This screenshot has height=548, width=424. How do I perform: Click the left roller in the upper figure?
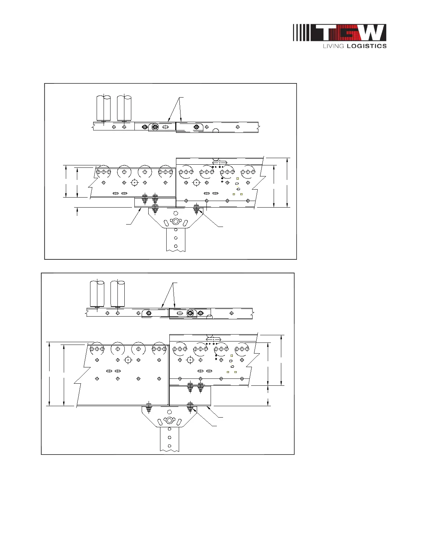tap(103, 108)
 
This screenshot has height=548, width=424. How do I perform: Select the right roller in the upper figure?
tap(124, 108)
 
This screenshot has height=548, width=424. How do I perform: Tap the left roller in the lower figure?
tap(97, 294)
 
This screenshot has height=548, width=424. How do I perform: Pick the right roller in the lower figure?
tap(117, 294)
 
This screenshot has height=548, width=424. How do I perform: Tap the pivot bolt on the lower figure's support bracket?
tap(169, 420)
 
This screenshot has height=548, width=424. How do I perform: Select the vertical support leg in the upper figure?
tap(176, 239)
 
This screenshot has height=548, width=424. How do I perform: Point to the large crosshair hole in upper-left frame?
tap(135, 182)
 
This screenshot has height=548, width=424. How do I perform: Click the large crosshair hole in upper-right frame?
tap(196, 182)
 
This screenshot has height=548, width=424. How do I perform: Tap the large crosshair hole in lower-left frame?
tap(128, 360)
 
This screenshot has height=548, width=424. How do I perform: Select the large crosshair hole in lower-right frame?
tap(190, 360)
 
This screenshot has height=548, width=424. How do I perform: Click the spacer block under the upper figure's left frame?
tap(155, 202)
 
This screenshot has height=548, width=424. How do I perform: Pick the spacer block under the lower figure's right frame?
tap(190, 395)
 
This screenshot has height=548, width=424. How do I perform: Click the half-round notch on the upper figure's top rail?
tap(216, 130)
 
